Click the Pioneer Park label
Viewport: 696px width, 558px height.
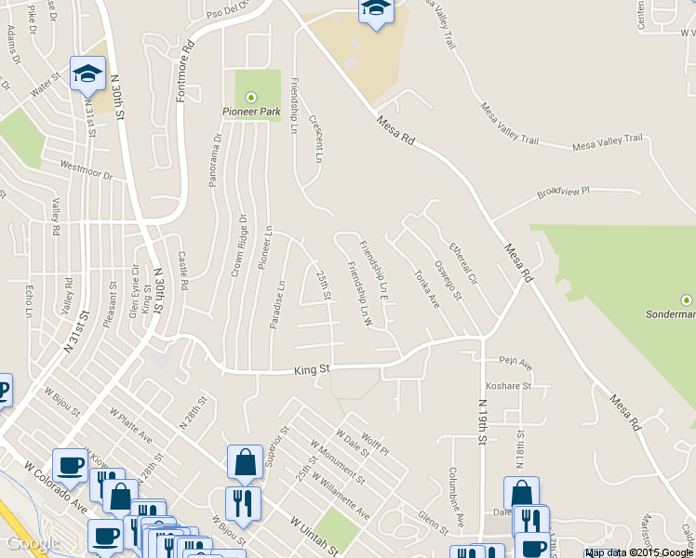pyautogui.click(x=250, y=113)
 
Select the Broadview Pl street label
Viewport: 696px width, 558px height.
pyautogui.click(x=564, y=193)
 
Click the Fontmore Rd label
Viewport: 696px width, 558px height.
pyautogui.click(x=189, y=57)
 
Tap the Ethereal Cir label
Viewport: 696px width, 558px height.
pyautogui.click(x=462, y=263)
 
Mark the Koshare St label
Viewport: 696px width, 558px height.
pyautogui.click(x=507, y=386)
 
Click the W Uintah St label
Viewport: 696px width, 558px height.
pyautogui.click(x=315, y=537)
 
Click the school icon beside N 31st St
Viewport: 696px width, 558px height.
pyautogui.click(x=87, y=73)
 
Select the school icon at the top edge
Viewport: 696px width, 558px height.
pyautogui.click(x=375, y=9)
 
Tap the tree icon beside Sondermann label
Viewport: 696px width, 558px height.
pyautogui.click(x=687, y=299)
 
